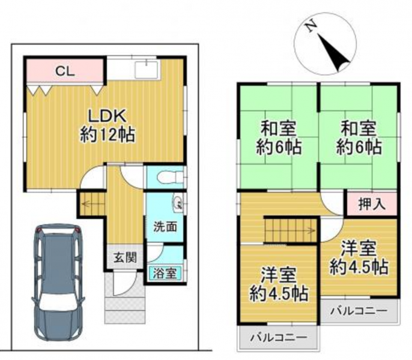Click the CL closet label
[x=65, y=71]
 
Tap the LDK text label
[x=107, y=116]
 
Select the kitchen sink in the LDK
[x=147, y=70]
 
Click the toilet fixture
[x=170, y=177]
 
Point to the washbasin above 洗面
[x=178, y=202]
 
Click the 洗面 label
[x=165, y=227]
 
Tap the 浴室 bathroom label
[x=165, y=274]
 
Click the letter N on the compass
[x=311, y=26]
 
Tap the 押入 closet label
[x=372, y=204]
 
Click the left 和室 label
[x=278, y=128]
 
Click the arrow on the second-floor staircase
[x=289, y=231]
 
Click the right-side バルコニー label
[x=359, y=311]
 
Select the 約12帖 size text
[x=107, y=134]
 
